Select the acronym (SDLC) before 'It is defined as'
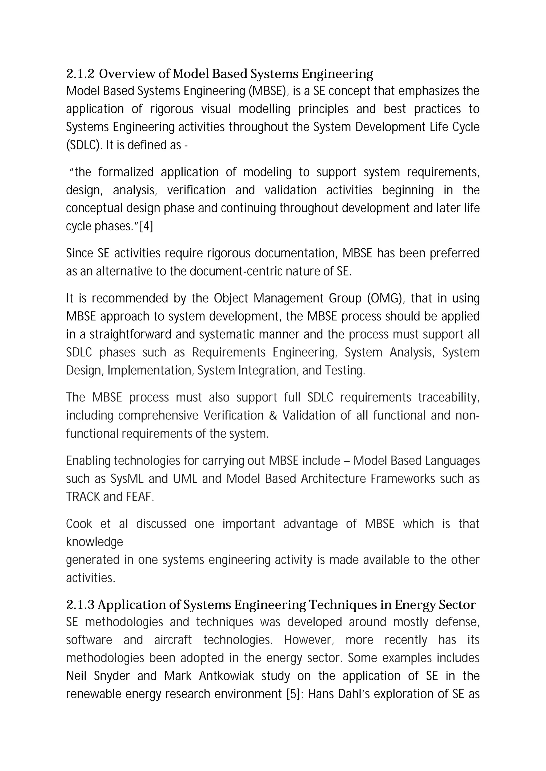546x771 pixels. coord(84,145)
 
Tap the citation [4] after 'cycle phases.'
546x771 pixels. coord(146,226)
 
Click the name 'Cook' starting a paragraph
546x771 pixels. coord(79,524)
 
